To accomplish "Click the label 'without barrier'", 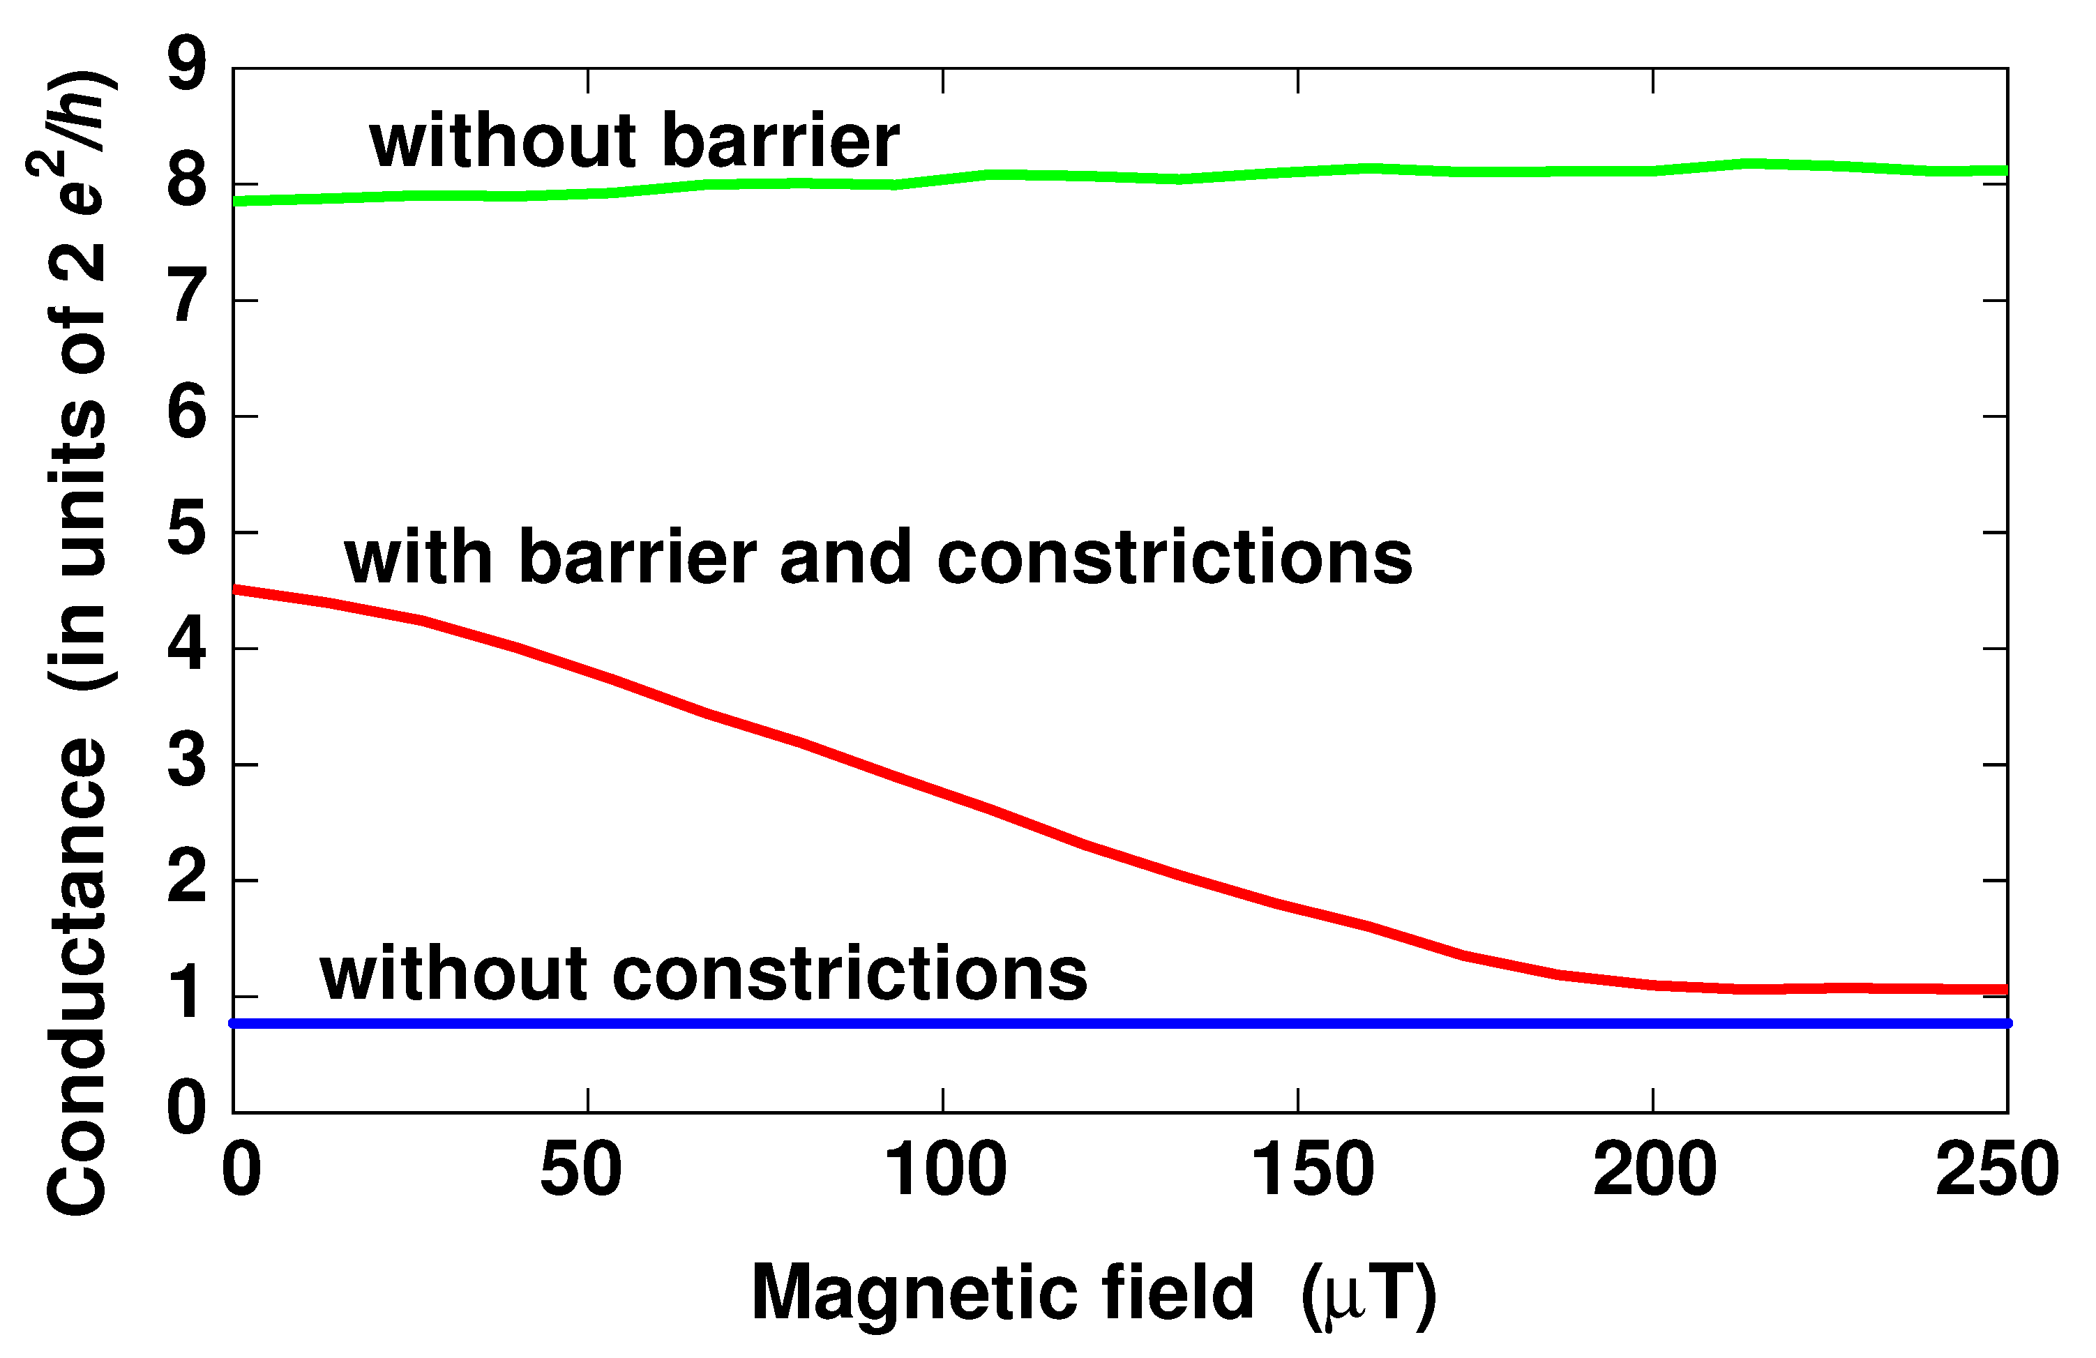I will [x=634, y=141].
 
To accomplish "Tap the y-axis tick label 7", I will [x=187, y=297].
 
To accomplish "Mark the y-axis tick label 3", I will [x=187, y=761].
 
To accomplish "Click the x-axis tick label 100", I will [x=944, y=1170].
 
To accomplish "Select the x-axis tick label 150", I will [x=1312, y=1170].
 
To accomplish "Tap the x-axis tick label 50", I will [x=580, y=1170].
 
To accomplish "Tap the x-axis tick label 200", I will [x=1654, y=1170].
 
